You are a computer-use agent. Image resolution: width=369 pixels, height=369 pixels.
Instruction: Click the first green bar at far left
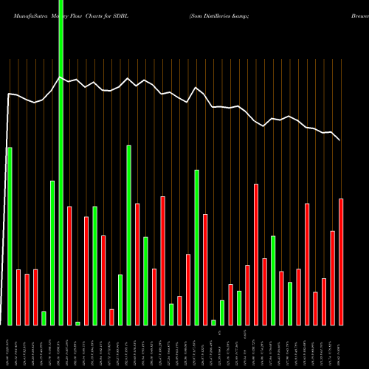coord(10,236)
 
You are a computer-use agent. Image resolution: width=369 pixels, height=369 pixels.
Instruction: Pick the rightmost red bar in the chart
coord(341,261)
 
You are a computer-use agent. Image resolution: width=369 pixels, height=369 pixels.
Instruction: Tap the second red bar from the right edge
coord(333,277)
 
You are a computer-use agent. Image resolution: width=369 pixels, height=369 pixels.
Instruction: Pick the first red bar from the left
coord(18,297)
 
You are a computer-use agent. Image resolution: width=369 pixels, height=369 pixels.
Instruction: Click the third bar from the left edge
coord(27,299)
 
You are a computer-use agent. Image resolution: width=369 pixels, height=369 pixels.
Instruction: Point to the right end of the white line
coord(340,140)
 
